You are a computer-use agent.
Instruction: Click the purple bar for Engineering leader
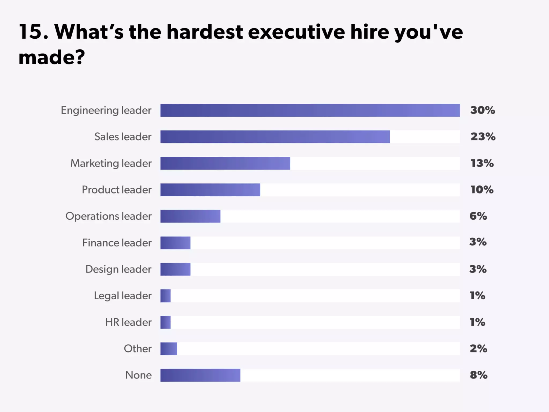(x=310, y=110)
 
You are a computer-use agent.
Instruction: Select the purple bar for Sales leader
(x=275, y=137)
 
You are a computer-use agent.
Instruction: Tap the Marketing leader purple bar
(x=225, y=163)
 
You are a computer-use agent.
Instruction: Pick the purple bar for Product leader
(x=210, y=190)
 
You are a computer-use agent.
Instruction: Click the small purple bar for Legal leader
(x=165, y=296)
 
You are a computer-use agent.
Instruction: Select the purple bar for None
(x=200, y=375)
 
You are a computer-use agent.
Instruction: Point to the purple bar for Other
(x=169, y=349)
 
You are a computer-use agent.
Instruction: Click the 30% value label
(x=483, y=110)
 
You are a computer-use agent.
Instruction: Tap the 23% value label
(x=483, y=137)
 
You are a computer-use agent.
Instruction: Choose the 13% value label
(x=482, y=163)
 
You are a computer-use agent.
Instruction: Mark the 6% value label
(x=478, y=216)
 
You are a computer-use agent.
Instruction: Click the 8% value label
(x=478, y=375)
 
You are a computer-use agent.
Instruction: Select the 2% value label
(x=478, y=349)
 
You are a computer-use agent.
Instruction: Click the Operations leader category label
(x=108, y=216)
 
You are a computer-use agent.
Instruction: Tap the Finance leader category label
(x=117, y=243)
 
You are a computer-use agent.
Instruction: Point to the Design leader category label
(x=118, y=269)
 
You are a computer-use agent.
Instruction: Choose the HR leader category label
(x=128, y=322)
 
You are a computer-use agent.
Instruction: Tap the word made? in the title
(x=51, y=57)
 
